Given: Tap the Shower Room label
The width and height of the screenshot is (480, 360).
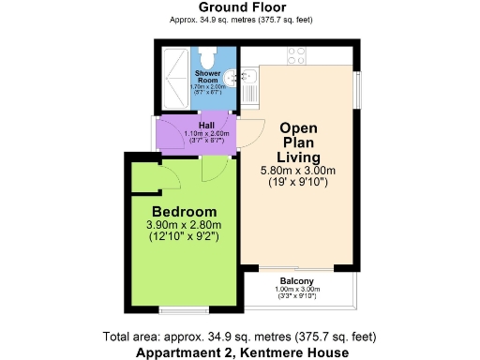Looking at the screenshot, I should tap(209, 76).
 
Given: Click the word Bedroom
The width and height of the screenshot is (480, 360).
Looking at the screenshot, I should tap(185, 211).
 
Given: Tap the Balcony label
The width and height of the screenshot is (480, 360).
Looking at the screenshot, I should tap(296, 281).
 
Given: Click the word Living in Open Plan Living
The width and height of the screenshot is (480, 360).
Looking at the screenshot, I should tap(299, 157).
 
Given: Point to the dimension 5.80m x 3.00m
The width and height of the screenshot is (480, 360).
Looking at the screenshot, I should tap(299, 172).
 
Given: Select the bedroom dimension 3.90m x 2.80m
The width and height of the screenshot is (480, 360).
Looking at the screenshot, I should tap(184, 225).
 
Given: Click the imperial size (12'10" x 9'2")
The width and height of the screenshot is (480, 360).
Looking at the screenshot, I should tap(184, 238).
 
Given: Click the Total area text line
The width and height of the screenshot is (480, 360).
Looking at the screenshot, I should tap(240, 337).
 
